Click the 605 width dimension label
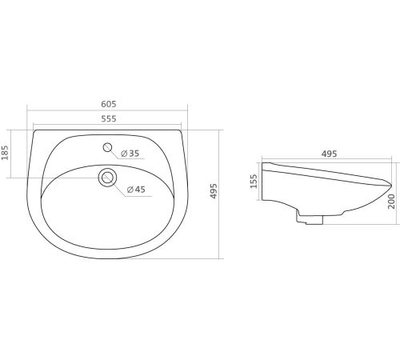(x=109, y=104)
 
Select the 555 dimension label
(x=109, y=118)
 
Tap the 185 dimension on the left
(x=5, y=153)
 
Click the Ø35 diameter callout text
(x=130, y=154)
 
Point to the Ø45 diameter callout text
(x=136, y=190)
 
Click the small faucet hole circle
(x=107, y=147)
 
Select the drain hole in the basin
(x=107, y=178)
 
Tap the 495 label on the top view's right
(x=214, y=191)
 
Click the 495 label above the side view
(x=329, y=154)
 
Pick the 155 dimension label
(x=254, y=182)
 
